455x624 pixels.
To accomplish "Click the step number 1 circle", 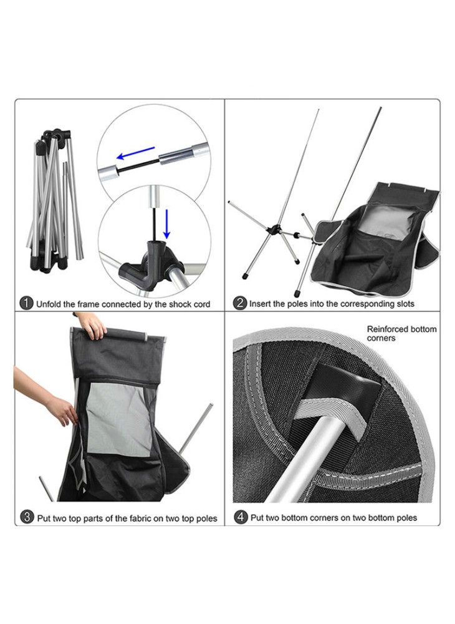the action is pyautogui.click(x=26, y=303).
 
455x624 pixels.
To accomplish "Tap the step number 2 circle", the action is pyautogui.click(x=240, y=303).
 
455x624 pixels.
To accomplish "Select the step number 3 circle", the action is pyautogui.click(x=27, y=517).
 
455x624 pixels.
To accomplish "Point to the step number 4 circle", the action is pyautogui.click(x=241, y=517).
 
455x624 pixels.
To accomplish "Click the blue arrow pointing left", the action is pyautogui.click(x=135, y=153).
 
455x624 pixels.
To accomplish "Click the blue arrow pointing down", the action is pyautogui.click(x=167, y=223).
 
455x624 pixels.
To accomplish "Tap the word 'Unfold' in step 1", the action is pyautogui.click(x=49, y=305).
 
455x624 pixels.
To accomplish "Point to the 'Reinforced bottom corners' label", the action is pyautogui.click(x=401, y=333).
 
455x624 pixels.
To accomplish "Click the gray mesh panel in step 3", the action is pyautogui.click(x=119, y=420).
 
